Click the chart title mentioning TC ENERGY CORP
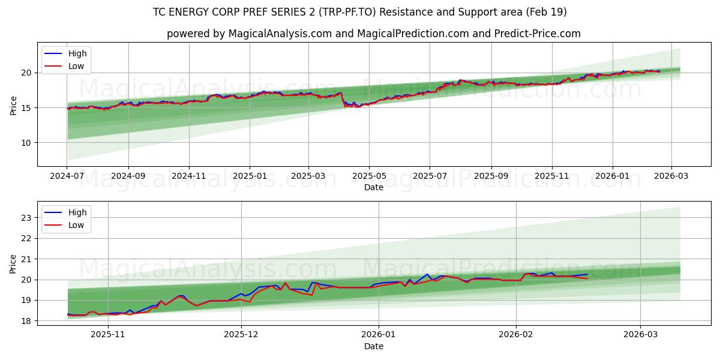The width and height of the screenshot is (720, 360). coord(360,12)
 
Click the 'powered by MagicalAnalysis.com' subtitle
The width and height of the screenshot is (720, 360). coord(373,34)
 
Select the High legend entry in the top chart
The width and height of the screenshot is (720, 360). coord(77,53)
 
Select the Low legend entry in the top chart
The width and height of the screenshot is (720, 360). coord(76,66)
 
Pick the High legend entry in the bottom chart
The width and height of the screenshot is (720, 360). coord(77,212)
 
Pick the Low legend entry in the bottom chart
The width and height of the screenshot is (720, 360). coord(76,225)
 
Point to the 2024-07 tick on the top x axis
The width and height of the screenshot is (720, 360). coord(67,177)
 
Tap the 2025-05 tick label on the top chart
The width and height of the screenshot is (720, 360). coord(369,177)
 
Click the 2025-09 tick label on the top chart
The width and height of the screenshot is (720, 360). coord(491,177)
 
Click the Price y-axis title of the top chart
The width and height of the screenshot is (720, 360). coord(13,105)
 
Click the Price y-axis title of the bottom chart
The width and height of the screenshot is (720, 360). coord(13,263)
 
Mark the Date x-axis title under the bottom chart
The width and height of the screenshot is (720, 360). coord(373,346)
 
